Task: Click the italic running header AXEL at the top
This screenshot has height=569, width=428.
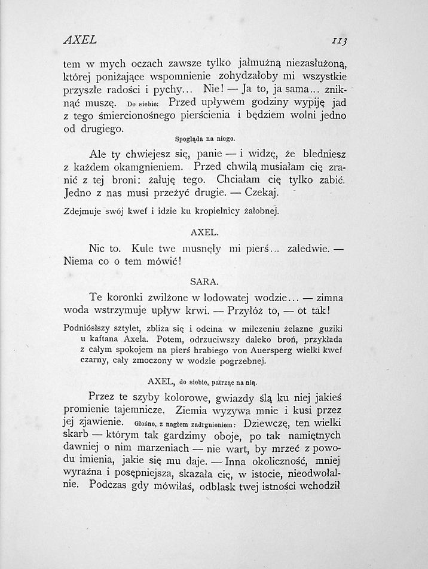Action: (80, 40)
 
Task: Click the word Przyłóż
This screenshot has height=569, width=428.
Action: (246, 311)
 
